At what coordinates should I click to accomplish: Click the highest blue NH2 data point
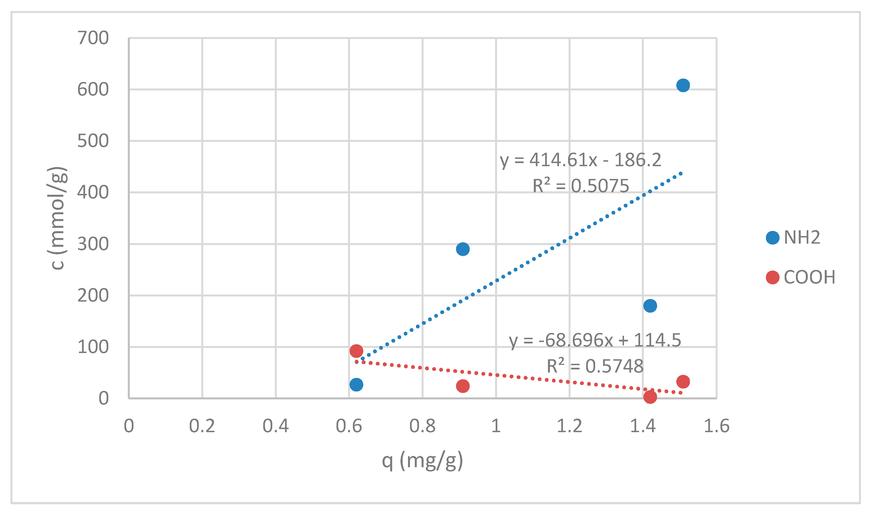(683, 85)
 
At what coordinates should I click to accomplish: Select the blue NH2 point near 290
(463, 249)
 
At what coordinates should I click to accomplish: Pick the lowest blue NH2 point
(356, 384)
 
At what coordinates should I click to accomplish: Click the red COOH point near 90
(356, 351)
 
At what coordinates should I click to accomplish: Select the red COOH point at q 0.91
(463, 386)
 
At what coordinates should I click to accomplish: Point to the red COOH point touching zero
(650, 397)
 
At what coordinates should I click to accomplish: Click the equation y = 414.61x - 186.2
(580, 160)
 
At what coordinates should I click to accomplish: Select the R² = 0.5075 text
(580, 186)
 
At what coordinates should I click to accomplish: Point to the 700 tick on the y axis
(93, 38)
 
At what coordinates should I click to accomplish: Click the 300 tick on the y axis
(93, 244)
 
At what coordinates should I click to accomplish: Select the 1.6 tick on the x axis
(716, 426)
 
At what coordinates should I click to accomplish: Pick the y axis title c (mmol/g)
(57, 218)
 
